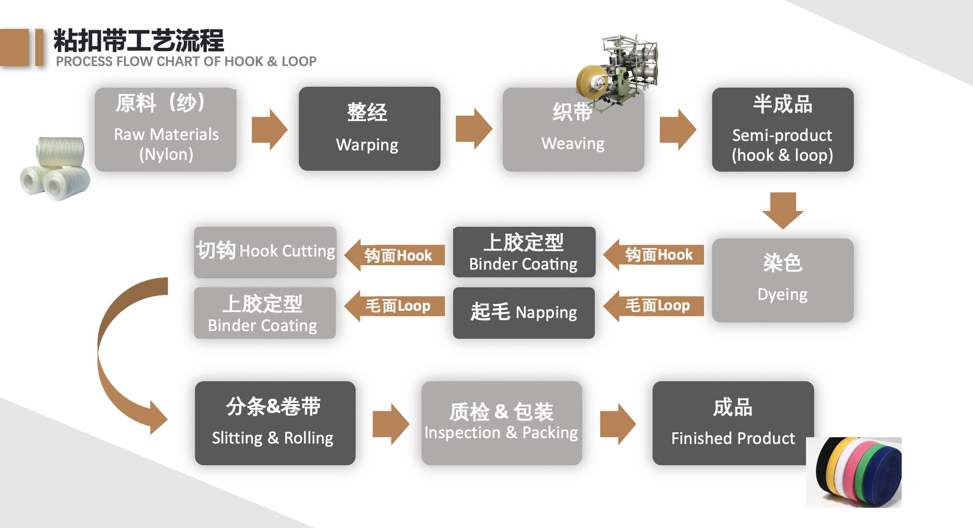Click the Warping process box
click(369, 129)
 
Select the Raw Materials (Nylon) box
click(165, 130)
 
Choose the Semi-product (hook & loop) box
click(782, 130)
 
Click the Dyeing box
click(782, 280)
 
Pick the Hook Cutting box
click(265, 252)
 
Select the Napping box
click(523, 312)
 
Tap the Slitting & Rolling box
click(275, 423)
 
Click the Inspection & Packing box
click(501, 423)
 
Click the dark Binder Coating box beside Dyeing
click(523, 252)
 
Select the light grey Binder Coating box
click(265, 313)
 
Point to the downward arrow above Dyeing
click(782, 209)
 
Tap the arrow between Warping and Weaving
click(473, 129)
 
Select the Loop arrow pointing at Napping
click(654, 306)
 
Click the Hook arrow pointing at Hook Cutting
click(395, 255)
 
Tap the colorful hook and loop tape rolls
click(856, 472)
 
